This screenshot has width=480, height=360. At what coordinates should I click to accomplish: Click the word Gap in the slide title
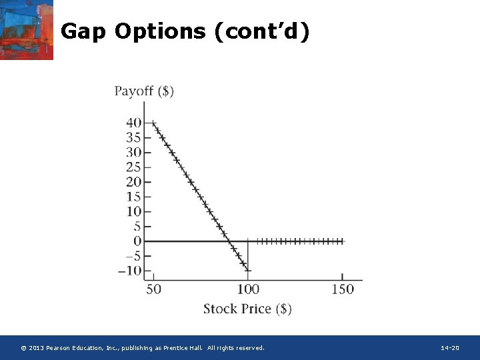pyautogui.click(x=84, y=31)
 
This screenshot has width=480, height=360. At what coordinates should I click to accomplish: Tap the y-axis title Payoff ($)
pyautogui.click(x=144, y=91)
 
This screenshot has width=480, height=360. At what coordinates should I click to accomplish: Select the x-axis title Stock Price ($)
pyautogui.click(x=247, y=309)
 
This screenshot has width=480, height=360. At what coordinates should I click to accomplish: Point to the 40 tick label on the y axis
pyautogui.click(x=133, y=123)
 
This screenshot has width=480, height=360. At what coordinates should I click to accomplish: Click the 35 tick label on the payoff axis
pyautogui.click(x=133, y=138)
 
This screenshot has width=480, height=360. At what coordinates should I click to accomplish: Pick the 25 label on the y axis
pyautogui.click(x=133, y=167)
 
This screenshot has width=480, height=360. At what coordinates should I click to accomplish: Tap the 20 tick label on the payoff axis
pyautogui.click(x=133, y=182)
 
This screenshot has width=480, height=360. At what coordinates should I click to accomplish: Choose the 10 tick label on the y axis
pyautogui.click(x=133, y=212)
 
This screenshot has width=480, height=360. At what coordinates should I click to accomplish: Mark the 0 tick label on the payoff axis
pyautogui.click(x=137, y=241)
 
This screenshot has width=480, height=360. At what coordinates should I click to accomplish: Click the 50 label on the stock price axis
pyautogui.click(x=153, y=289)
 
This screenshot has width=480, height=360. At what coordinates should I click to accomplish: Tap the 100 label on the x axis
pyautogui.click(x=248, y=289)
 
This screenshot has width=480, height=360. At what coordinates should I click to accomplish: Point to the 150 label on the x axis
pyautogui.click(x=343, y=289)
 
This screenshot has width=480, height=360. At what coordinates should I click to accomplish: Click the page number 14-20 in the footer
pyautogui.click(x=450, y=348)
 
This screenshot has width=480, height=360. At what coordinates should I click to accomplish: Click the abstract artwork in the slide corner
pyautogui.click(x=27, y=30)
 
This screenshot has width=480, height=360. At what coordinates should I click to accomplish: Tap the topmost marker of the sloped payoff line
pyautogui.click(x=153, y=123)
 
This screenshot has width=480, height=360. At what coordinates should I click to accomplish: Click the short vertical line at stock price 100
pyautogui.click(x=248, y=255)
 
